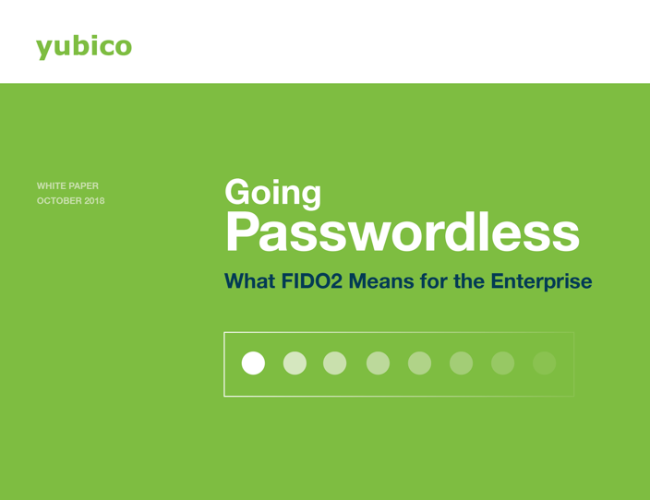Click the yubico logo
click(x=84, y=47)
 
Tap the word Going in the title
click(x=272, y=193)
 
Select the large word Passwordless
click(x=403, y=232)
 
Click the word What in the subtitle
click(x=249, y=281)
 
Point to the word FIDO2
click(x=312, y=281)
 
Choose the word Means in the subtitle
click(x=381, y=281)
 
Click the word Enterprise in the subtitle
click(x=541, y=282)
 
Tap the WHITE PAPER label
click(x=67, y=186)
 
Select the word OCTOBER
click(x=59, y=201)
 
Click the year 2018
click(x=94, y=201)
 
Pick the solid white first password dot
click(x=253, y=363)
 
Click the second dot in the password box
click(x=295, y=363)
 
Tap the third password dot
click(x=335, y=363)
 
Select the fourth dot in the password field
click(x=378, y=363)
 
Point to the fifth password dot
click(x=419, y=363)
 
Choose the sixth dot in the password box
click(x=462, y=363)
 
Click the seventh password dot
click(x=503, y=363)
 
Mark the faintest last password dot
click(x=545, y=363)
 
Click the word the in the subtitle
click(x=469, y=281)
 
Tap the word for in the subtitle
click(x=434, y=281)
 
